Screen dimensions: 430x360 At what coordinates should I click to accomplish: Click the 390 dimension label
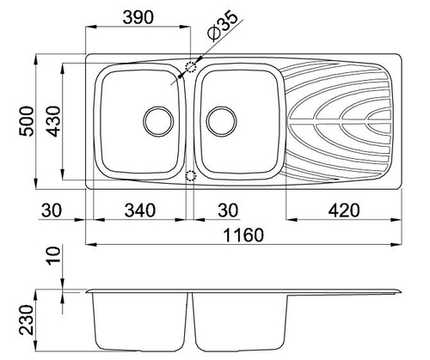pyautogui.click(x=138, y=17)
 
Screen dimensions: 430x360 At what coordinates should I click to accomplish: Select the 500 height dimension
pyautogui.click(x=27, y=121)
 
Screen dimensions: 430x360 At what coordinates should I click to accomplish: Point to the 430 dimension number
pyautogui.click(x=53, y=121)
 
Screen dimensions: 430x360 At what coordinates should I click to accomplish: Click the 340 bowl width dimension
pyautogui.click(x=140, y=211)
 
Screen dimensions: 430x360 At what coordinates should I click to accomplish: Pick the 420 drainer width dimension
pyautogui.click(x=343, y=211)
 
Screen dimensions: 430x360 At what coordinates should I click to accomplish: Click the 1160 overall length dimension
pyautogui.click(x=243, y=235)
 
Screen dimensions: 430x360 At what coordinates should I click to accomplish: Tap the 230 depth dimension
pyautogui.click(x=27, y=320)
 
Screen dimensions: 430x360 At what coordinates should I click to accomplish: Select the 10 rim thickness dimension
pyautogui.click(x=53, y=256)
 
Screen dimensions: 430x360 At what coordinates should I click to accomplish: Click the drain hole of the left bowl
pyautogui.click(x=158, y=121)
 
